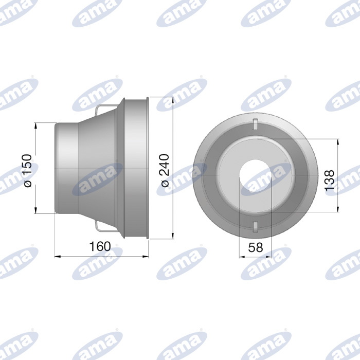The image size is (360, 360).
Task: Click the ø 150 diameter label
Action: [28, 171]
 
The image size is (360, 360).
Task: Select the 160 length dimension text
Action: [100, 246]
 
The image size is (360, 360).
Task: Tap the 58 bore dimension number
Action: [255, 247]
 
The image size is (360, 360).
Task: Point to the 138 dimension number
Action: [330, 180]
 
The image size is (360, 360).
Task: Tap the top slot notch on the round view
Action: [255, 124]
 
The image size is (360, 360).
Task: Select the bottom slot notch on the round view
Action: [255, 227]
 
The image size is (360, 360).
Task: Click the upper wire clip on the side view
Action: [106, 110]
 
